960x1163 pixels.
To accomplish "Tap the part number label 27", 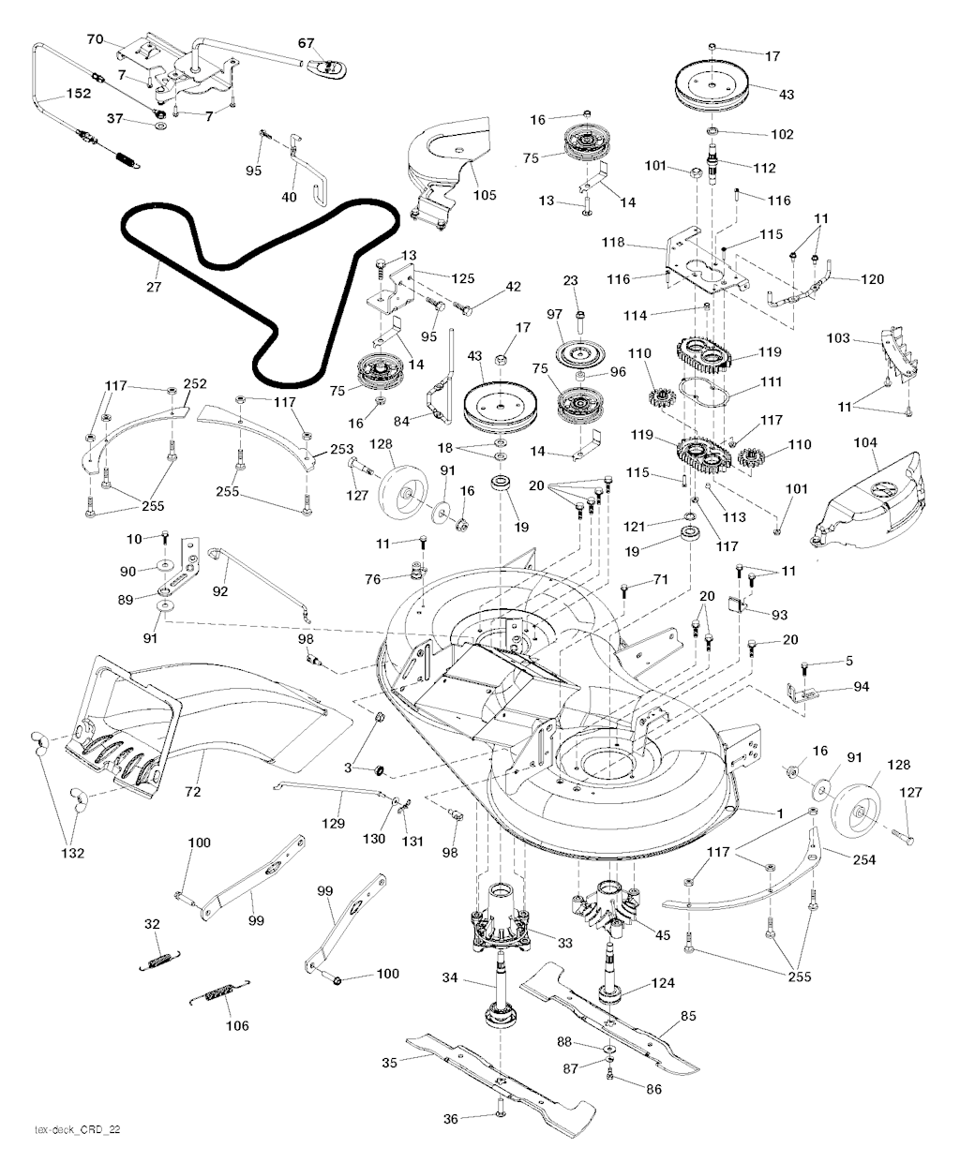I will pos(154,287).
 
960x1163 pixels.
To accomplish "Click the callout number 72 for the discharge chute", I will pos(192,792).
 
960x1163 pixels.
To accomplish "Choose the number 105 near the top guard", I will pos(486,195).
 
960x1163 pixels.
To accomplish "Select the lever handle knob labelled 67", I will pos(329,66).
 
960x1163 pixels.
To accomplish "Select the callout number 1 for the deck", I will pos(779,812).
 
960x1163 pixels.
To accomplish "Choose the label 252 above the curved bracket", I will pos(195,384).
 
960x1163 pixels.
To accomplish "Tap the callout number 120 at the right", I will pos(871,278).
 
